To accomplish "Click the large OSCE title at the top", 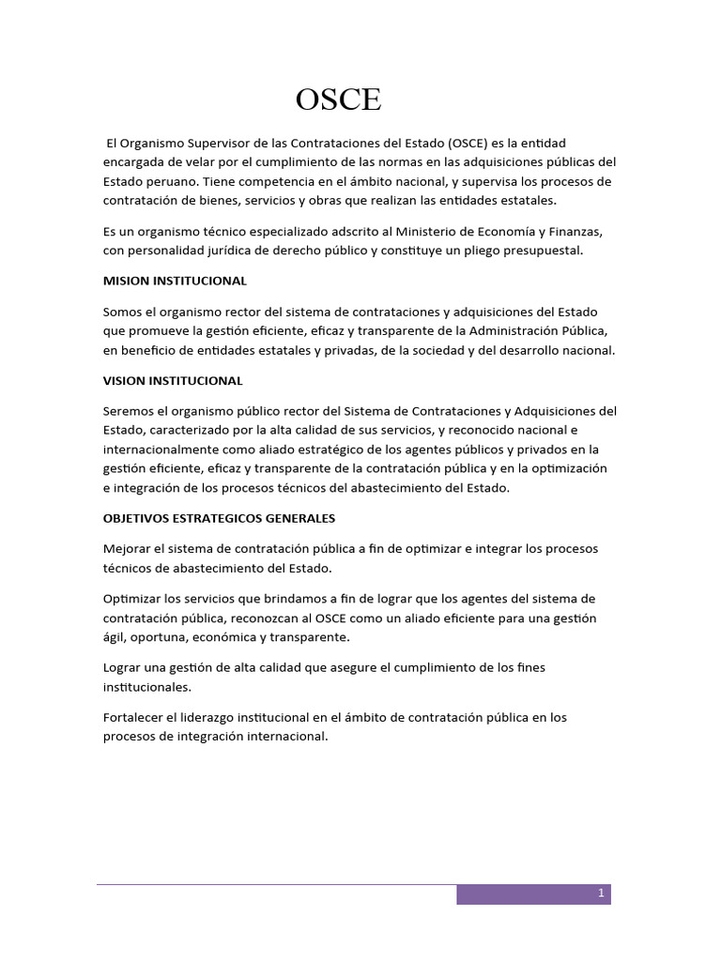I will coord(338,99).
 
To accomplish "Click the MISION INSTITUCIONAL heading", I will coord(175,281).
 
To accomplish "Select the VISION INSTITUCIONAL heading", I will coord(173,380).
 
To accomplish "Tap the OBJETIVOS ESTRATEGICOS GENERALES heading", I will coord(219,518).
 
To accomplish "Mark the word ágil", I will coord(115,637).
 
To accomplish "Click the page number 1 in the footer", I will coord(601,894).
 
